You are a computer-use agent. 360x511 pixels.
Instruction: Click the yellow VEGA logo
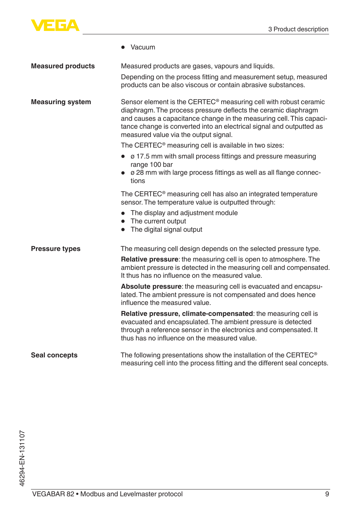click(x=55, y=26)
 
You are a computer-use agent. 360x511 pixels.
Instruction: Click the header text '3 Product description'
click(x=298, y=29)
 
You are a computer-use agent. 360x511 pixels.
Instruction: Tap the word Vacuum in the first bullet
click(x=143, y=48)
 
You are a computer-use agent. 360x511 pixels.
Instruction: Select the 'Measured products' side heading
click(x=63, y=66)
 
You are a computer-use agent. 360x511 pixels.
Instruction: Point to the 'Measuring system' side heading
click(x=61, y=102)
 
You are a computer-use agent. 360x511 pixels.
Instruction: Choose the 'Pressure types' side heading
click(x=55, y=249)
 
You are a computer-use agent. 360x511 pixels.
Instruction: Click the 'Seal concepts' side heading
click(x=54, y=356)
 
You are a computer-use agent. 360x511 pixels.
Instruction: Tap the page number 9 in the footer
click(x=327, y=494)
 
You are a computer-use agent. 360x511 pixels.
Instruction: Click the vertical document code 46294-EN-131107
click(x=22, y=458)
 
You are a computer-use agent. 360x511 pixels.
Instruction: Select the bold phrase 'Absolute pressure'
click(x=151, y=287)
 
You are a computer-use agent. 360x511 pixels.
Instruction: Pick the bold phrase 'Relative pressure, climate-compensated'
click(x=187, y=314)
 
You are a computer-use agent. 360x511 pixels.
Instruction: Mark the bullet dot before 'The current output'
click(x=123, y=222)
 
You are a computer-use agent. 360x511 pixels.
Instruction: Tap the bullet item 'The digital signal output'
click(x=166, y=230)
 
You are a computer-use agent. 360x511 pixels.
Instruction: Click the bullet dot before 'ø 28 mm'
click(x=123, y=173)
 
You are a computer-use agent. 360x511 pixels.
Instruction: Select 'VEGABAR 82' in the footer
click(x=53, y=494)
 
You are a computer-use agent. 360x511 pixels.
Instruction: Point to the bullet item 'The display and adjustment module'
click(x=184, y=213)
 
